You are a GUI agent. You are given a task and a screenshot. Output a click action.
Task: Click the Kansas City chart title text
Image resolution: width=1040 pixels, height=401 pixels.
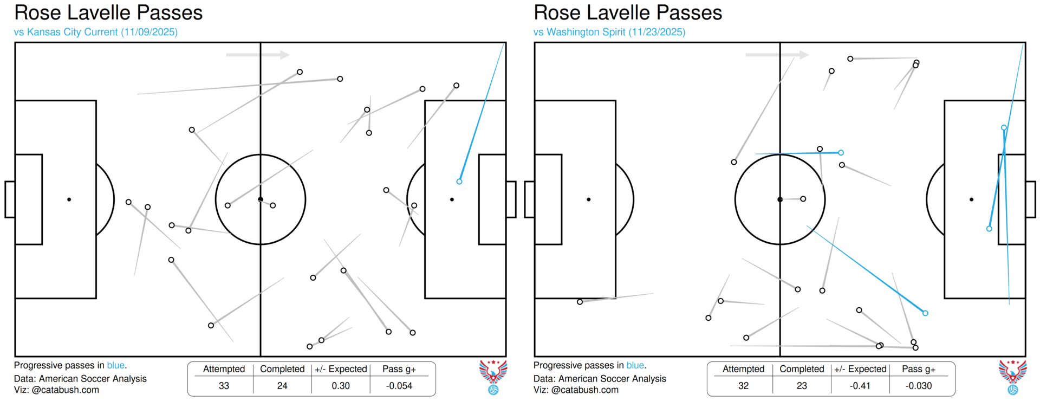click(108, 13)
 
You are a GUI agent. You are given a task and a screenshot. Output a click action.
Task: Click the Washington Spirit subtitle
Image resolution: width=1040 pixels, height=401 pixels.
click(609, 32)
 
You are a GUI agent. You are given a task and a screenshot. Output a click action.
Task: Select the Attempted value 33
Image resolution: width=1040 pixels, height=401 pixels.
click(224, 386)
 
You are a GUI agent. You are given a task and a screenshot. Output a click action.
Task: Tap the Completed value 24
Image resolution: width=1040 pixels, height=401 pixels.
click(282, 386)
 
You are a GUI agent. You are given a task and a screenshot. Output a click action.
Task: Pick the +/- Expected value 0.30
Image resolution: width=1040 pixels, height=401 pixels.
click(341, 386)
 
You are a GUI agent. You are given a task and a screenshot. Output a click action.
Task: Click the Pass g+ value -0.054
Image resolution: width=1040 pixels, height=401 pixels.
click(399, 386)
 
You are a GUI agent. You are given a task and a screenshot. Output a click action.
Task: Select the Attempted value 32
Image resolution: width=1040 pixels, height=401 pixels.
click(743, 386)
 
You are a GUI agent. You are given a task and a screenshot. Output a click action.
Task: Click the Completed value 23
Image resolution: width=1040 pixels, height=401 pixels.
click(802, 386)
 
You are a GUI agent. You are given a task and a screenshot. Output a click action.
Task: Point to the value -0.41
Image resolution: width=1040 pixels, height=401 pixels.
click(860, 386)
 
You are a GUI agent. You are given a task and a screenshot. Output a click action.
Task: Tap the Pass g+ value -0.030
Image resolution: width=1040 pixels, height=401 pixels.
click(919, 386)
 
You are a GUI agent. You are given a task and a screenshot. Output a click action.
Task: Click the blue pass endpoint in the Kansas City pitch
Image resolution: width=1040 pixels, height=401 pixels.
click(459, 182)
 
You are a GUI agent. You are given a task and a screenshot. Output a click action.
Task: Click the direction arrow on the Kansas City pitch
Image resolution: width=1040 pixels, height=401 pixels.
click(258, 55)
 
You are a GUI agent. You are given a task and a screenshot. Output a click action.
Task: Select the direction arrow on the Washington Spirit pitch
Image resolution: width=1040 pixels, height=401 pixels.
click(777, 55)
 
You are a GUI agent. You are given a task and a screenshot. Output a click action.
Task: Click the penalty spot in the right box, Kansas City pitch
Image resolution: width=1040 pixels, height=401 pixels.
click(452, 199)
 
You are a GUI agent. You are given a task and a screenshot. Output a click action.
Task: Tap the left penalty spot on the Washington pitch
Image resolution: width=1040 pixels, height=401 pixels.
click(589, 199)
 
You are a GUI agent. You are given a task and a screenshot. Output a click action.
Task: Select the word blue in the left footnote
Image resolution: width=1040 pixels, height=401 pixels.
click(115, 365)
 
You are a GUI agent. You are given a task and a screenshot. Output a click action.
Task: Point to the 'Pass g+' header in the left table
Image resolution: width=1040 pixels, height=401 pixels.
click(399, 369)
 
